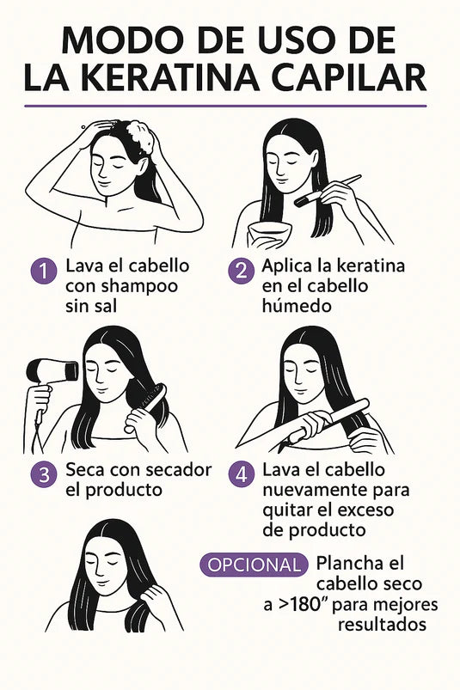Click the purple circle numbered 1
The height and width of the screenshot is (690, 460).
[43, 271]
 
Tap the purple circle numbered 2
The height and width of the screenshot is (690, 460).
[241, 271]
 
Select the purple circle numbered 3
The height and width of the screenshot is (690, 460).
[43, 474]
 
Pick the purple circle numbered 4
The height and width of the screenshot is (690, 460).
[241, 474]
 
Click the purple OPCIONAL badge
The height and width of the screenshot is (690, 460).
[254, 565]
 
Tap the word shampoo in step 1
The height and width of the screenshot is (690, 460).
[139, 286]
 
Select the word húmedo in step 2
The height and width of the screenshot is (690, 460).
[297, 305]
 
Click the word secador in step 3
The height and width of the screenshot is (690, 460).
[178, 469]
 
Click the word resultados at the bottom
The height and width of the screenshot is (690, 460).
[382, 624]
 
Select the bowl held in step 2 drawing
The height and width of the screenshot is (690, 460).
[270, 232]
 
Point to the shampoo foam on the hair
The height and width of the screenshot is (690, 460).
[140, 135]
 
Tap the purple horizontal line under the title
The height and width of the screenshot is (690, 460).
[225, 106]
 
